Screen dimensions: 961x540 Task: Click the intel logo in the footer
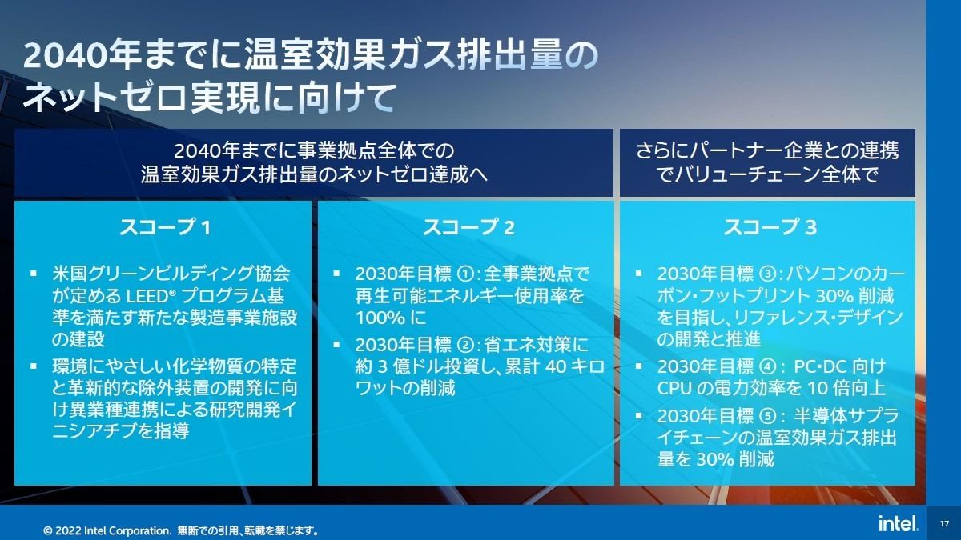[x=899, y=523]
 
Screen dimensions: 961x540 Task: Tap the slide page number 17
[x=944, y=524]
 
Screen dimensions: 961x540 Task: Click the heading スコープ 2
[x=468, y=227]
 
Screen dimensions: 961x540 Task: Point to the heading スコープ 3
[x=770, y=227]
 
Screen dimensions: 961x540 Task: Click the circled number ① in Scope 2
[x=466, y=274]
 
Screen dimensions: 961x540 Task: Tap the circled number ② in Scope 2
[x=466, y=346]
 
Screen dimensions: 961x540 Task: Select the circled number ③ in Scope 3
[x=768, y=274]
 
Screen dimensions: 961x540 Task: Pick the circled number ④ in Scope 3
[x=768, y=367]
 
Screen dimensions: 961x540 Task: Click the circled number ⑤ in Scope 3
[x=768, y=416]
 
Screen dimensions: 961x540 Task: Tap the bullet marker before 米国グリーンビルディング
[x=34, y=273]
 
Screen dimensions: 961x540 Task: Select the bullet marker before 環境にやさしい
[x=34, y=366]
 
